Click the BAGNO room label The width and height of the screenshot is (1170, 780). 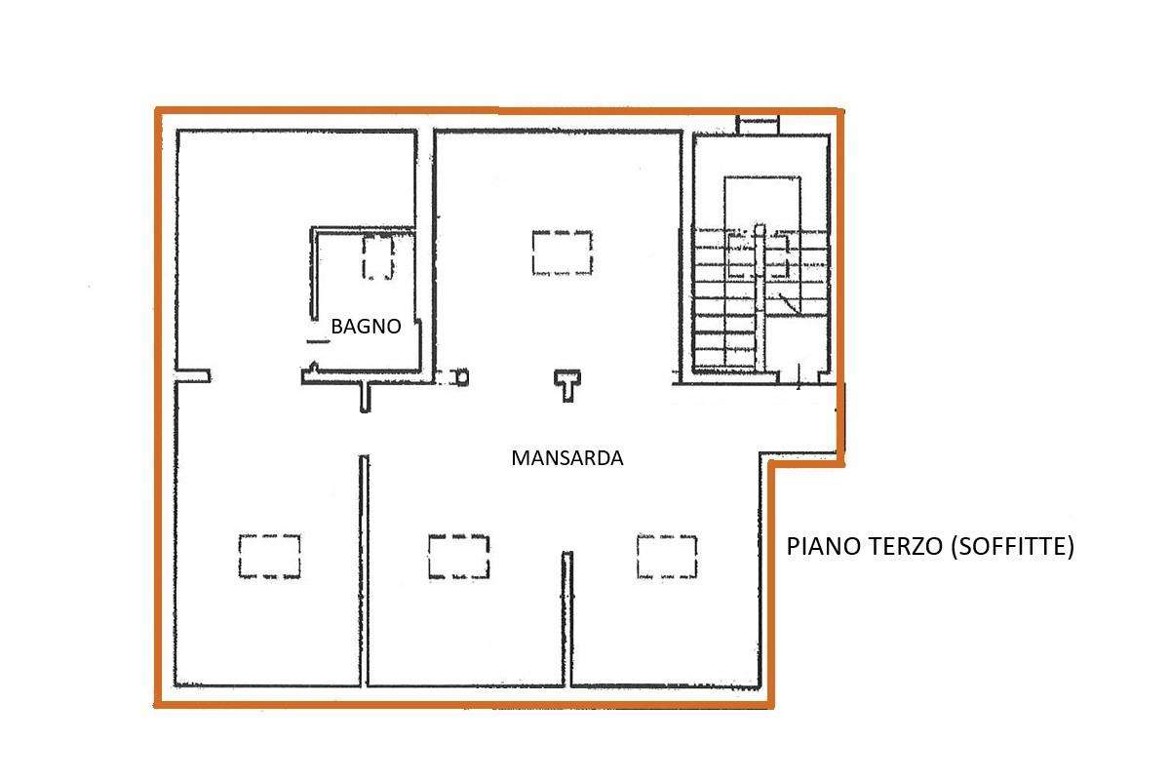366,326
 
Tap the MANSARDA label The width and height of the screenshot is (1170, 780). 567,458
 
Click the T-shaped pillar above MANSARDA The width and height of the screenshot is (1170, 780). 567,385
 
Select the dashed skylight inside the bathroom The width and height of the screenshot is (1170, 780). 378,256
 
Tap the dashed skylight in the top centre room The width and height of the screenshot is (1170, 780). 562,253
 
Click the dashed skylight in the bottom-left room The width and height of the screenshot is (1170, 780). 269,557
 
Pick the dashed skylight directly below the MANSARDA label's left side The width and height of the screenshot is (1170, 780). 458,557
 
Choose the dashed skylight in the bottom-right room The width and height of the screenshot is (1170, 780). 667,557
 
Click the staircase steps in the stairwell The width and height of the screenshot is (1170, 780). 761,297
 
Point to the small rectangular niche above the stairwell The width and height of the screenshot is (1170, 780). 758,126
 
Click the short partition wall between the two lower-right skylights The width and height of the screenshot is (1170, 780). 567,618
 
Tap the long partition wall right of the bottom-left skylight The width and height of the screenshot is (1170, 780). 364,570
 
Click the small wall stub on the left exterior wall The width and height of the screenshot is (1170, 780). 193,375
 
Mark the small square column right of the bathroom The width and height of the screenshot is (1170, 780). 462,376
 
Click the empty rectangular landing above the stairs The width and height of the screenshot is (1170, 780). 762,203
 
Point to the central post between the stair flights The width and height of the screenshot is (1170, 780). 760,296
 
